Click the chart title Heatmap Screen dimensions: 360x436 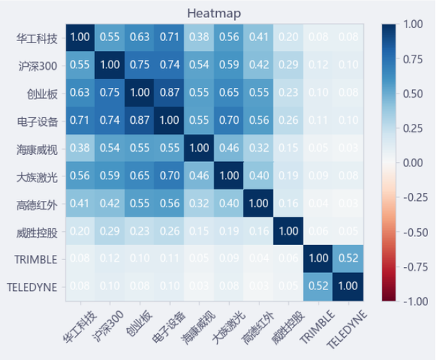(x=214, y=13)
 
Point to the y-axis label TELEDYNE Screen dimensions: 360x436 (x=31, y=287)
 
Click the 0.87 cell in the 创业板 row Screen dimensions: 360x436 (x=169, y=92)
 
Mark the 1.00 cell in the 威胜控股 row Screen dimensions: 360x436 (x=288, y=231)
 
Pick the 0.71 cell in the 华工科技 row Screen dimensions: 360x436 (x=169, y=37)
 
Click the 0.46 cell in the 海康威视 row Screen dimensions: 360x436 (x=228, y=148)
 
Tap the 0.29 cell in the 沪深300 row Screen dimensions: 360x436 (x=288, y=65)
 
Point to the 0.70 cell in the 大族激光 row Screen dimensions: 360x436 (x=169, y=176)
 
